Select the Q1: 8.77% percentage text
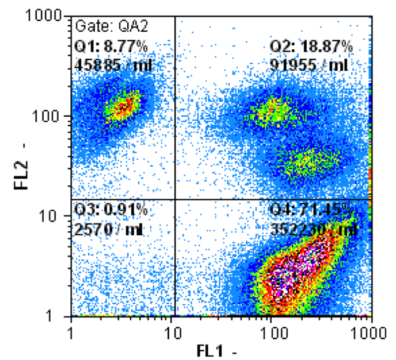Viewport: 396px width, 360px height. [111, 46]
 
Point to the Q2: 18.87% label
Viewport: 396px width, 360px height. [311, 46]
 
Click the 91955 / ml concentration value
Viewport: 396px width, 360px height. [309, 64]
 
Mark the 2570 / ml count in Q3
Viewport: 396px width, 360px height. [109, 229]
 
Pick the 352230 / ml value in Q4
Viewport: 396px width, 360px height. [313, 229]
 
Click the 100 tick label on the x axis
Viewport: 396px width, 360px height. [272, 332]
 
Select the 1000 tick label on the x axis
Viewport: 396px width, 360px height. [370, 332]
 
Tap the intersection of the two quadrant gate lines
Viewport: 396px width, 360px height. [174, 200]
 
